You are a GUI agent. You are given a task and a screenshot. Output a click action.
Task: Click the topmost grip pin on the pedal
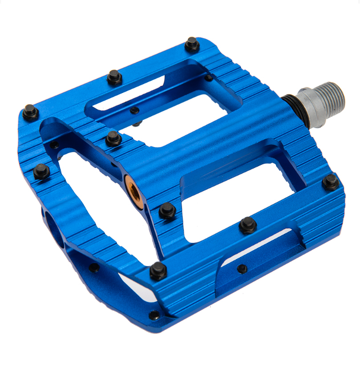pyautogui.click(x=192, y=43)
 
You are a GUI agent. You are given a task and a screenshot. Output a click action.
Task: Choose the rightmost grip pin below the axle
pyautogui.click(x=330, y=182)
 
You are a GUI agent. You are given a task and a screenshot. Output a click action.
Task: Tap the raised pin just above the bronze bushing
pyautogui.click(x=113, y=139)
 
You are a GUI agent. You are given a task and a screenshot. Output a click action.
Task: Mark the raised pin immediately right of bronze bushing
pyautogui.click(x=167, y=210)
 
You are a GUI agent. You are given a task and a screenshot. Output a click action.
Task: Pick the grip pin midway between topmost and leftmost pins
pyautogui.click(x=114, y=76)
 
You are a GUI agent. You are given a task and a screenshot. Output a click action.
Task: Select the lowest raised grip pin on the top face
pyautogui.click(x=158, y=270)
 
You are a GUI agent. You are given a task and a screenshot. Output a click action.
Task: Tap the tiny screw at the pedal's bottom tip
pyautogui.click(x=154, y=315)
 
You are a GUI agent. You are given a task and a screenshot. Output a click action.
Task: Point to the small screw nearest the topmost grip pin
pyautogui.click(x=209, y=77)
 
